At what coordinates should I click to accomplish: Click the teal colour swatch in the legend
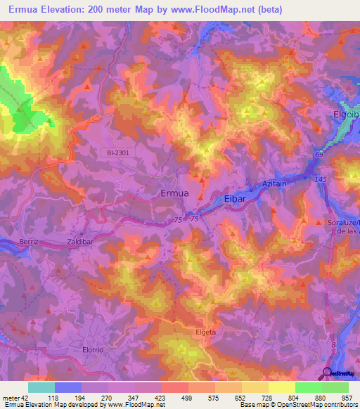point(41,387)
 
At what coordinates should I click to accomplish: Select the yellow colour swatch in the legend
point(281,387)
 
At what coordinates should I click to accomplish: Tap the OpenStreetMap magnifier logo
point(328,373)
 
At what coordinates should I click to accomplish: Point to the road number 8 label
point(333,344)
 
